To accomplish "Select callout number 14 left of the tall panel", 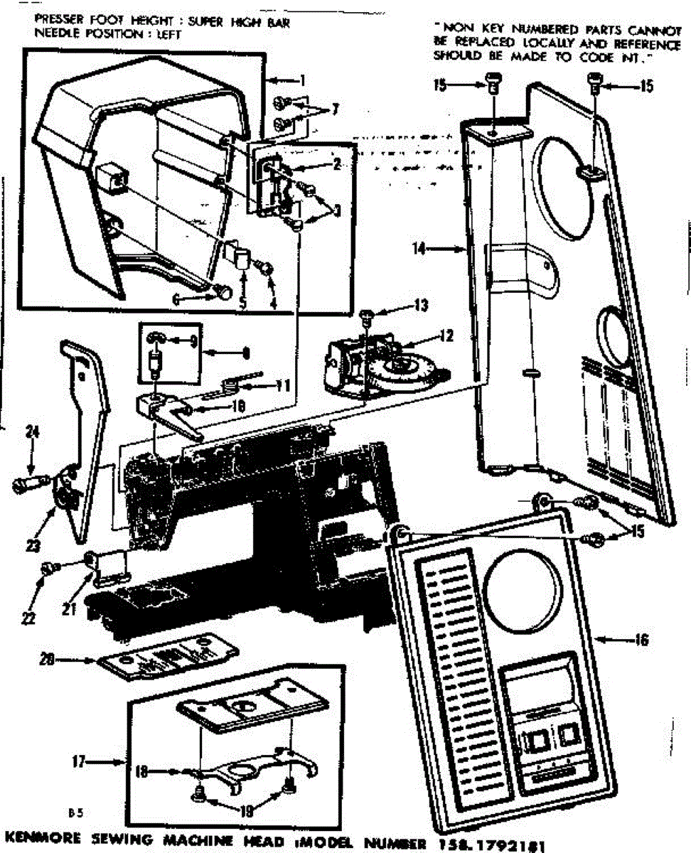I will [x=419, y=249].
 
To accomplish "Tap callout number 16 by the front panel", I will [x=642, y=640].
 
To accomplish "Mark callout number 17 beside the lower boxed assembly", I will [x=79, y=762].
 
